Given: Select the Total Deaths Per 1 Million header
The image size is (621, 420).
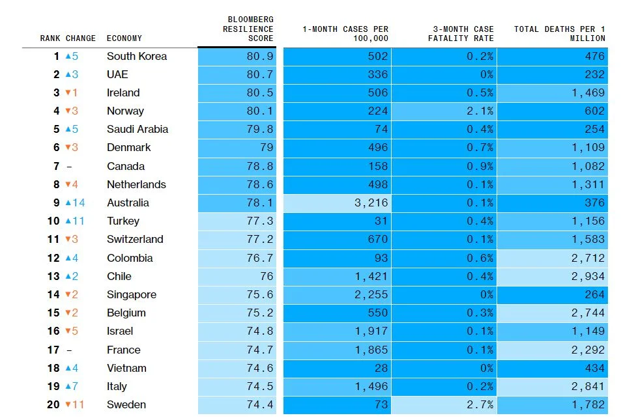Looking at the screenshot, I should tap(559, 34).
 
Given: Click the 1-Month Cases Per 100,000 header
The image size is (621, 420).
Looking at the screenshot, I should tap(345, 34).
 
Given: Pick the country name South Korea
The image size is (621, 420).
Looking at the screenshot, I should tap(136, 57).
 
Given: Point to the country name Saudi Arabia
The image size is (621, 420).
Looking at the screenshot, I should tap(137, 130).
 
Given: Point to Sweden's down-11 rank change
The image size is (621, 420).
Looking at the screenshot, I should tap(74, 405).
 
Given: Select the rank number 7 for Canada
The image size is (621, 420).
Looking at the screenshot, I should tap(57, 167).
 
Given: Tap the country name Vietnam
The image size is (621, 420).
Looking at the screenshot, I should tap(126, 369).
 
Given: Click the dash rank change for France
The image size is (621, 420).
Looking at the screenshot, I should tap(69, 350).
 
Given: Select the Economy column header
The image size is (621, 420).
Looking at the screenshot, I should tap(124, 38).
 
